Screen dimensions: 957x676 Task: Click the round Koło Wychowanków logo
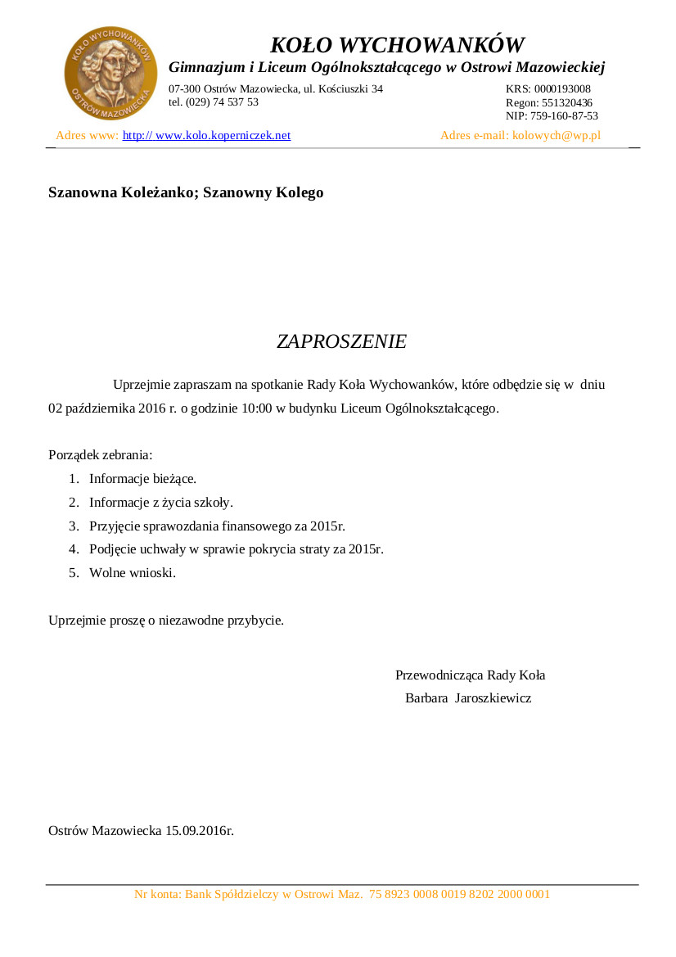pos(110,73)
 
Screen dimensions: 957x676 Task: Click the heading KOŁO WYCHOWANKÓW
pos(397,44)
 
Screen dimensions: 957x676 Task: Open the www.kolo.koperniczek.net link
pos(207,136)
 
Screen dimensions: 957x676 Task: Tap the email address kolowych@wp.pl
pos(557,136)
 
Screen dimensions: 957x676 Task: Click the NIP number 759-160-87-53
pos(564,116)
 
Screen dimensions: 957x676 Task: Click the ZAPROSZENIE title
pos(341,341)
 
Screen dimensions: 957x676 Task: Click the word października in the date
pos(101,408)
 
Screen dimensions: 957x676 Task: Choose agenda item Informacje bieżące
pos(142,479)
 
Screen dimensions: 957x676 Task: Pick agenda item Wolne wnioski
pos(133,573)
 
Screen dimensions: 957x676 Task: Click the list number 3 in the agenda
pos(73,526)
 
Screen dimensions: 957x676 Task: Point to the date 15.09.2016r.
pos(200,831)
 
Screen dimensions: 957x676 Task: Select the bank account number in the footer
pos(459,895)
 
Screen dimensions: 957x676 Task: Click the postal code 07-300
pos(185,88)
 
